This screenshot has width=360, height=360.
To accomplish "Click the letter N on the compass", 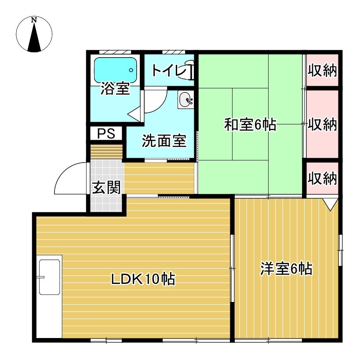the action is (x=34, y=20).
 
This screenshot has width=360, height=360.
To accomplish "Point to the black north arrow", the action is (x=34, y=37).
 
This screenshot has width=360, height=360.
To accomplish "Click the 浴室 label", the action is (x=115, y=88).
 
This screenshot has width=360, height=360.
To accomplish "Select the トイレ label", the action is (x=169, y=70).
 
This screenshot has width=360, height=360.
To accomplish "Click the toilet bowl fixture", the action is (x=188, y=70).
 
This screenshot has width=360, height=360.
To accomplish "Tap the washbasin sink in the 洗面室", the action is (x=185, y=100).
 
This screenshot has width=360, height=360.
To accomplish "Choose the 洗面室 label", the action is (x=164, y=141).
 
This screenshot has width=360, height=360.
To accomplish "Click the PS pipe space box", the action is (x=106, y=133).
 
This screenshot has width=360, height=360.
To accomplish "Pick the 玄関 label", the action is (x=106, y=187).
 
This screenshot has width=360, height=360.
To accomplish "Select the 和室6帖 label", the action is (x=250, y=124).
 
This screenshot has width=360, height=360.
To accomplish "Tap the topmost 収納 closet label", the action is (x=322, y=70).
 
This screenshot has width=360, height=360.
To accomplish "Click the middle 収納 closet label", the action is (x=322, y=124).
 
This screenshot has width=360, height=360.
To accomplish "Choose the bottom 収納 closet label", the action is (x=322, y=178).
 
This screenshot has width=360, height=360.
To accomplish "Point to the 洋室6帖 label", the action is (x=286, y=269).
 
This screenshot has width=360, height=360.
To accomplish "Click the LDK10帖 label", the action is (x=143, y=279).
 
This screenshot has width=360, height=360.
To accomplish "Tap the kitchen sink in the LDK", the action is (x=49, y=277).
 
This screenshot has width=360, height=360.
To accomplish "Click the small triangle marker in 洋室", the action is (x=330, y=204).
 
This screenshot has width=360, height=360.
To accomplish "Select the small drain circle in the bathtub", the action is (x=131, y=70).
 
